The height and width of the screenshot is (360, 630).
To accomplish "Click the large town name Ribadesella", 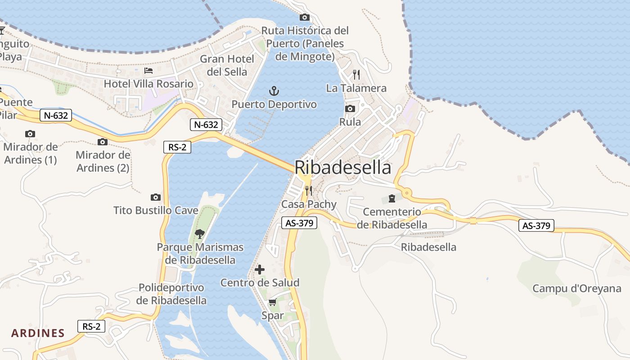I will (343, 167).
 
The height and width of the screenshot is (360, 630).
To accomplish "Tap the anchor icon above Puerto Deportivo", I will (274, 91).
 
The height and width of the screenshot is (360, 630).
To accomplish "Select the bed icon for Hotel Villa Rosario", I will (148, 71).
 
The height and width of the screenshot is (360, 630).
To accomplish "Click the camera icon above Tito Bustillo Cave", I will (156, 197).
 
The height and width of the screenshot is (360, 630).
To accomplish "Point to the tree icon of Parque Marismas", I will (200, 234).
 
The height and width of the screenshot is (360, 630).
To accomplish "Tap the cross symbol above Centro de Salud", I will (260, 270).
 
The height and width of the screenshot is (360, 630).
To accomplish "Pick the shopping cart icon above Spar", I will (272, 302).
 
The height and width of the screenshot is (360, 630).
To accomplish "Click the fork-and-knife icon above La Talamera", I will (356, 74).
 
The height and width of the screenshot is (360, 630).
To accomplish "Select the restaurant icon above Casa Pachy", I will (308, 191).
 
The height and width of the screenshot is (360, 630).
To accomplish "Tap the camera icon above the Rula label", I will (350, 108).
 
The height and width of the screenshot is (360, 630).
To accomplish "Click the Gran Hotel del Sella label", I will (227, 65).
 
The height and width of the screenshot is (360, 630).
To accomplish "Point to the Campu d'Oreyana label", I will (577, 288).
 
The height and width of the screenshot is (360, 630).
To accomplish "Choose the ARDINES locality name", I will (38, 333).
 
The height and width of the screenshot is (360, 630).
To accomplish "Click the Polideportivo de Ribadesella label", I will (171, 294).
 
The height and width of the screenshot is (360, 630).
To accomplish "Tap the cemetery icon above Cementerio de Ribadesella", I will (391, 198).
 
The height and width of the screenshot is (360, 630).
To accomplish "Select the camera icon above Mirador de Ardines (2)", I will (103, 142).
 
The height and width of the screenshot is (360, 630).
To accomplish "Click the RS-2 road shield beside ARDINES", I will (92, 326).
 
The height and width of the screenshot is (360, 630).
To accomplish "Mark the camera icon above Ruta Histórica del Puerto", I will (305, 18).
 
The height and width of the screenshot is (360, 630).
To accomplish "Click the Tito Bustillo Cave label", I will (156, 210).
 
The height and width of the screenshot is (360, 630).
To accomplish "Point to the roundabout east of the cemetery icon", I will (407, 193).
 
